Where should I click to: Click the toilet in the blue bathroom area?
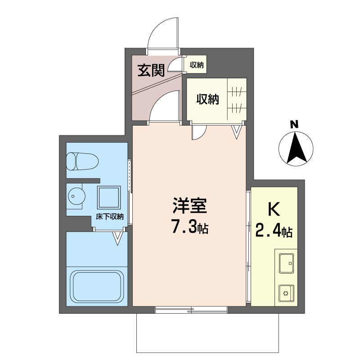click(x=82, y=161)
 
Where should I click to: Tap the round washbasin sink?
click(x=76, y=196)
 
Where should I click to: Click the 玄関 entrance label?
click(x=151, y=70)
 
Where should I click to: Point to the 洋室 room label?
click(x=189, y=206)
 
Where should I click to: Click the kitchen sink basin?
click(x=286, y=263)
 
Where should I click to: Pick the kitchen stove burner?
click(x=286, y=293)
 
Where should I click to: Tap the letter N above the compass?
click(x=294, y=125)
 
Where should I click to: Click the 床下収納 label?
click(x=109, y=216)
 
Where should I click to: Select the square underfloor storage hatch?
click(x=109, y=197)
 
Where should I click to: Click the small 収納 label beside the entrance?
click(x=197, y=65)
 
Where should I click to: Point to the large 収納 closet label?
click(x=207, y=99)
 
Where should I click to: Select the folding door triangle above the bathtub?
click(x=117, y=238)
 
